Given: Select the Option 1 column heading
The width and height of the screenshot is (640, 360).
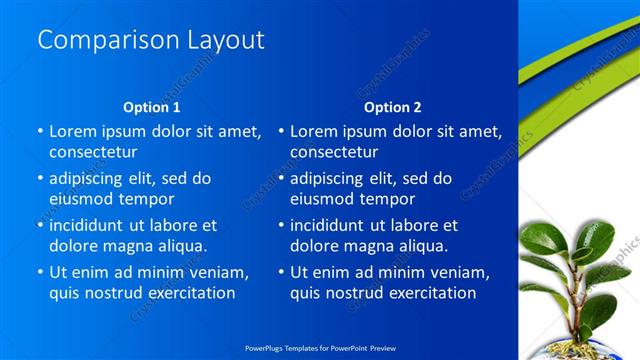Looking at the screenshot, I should [152, 107].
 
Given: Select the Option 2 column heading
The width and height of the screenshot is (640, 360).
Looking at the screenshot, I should [393, 107].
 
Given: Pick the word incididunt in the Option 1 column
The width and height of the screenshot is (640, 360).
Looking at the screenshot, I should [95, 225].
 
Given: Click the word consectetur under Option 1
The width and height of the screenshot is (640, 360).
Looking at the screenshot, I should [93, 152].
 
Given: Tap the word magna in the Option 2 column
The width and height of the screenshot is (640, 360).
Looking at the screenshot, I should [361, 245].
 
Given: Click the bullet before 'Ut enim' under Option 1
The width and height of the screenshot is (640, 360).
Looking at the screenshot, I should [40, 272].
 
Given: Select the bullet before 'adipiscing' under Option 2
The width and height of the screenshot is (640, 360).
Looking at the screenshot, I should [281, 178].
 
